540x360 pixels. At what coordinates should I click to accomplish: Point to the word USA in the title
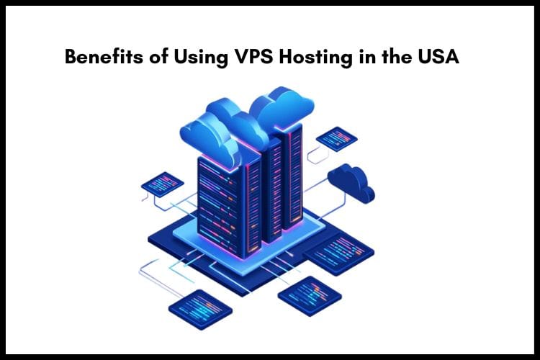pyautogui.click(x=437, y=58)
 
